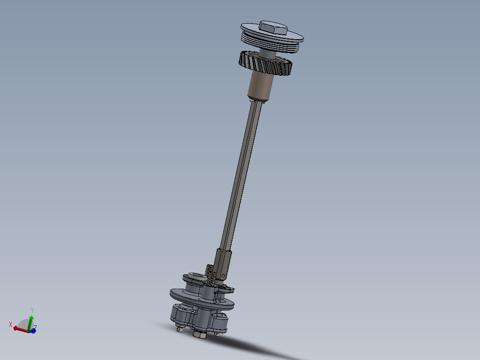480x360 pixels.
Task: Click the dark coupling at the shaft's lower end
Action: (224, 263)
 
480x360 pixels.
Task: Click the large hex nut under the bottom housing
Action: (200, 334)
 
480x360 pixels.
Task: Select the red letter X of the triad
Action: (11, 324)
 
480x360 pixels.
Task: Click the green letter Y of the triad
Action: (33, 310)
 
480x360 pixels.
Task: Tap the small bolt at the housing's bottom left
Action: (179, 329)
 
